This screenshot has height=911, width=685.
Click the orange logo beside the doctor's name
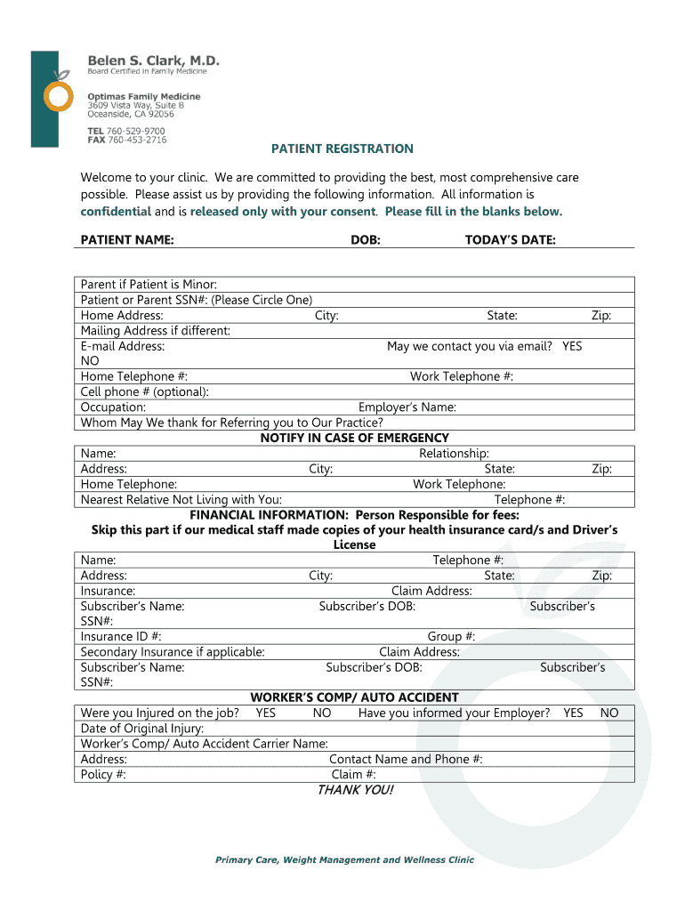(x=58, y=94)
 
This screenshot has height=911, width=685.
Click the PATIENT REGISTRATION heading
(x=342, y=149)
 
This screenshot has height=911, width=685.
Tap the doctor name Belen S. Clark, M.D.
(x=153, y=60)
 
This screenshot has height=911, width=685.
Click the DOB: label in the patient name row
(x=366, y=240)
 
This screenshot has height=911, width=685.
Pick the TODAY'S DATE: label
(x=511, y=240)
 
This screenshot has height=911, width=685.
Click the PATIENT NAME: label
(x=127, y=240)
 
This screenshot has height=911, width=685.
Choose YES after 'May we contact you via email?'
(x=572, y=346)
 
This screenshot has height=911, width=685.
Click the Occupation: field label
(x=113, y=407)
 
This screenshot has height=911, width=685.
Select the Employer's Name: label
(x=407, y=407)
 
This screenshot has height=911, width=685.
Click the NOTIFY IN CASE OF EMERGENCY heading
(x=354, y=438)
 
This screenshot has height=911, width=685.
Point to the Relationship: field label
(x=454, y=454)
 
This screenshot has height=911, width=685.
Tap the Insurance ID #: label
(x=121, y=636)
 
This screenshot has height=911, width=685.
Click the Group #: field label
(x=451, y=636)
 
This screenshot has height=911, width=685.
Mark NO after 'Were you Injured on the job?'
(x=322, y=713)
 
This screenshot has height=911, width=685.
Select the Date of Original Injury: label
(x=142, y=729)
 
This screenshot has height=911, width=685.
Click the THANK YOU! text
(x=355, y=790)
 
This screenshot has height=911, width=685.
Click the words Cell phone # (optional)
(x=145, y=391)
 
